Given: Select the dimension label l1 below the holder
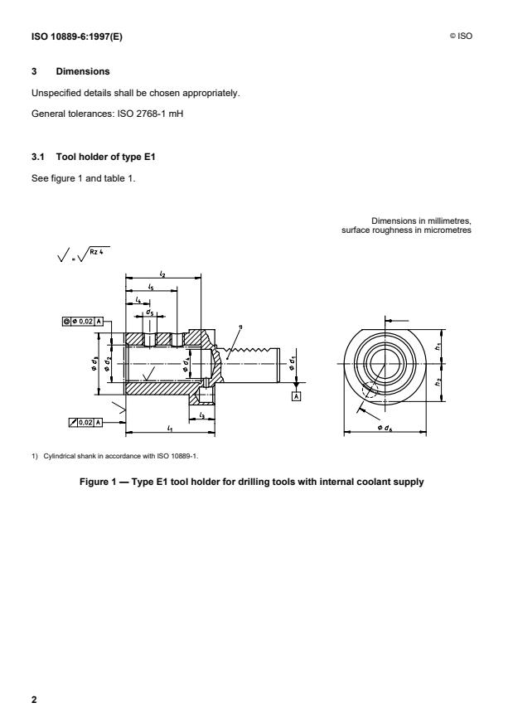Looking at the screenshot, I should pos(170,429).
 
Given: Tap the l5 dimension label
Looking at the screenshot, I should pos(150,286).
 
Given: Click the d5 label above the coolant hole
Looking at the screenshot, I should pos(149,313).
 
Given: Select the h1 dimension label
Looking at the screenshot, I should pos(436,348).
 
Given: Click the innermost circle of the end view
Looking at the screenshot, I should pos(385,362).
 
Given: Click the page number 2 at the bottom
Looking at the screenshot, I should pos(34,700).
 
